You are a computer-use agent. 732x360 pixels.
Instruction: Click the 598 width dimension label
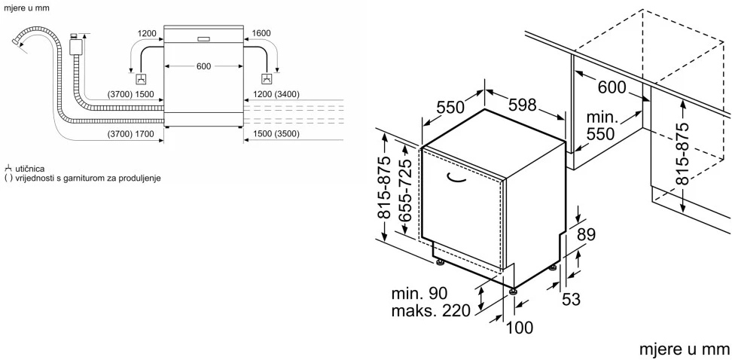coord(523,105)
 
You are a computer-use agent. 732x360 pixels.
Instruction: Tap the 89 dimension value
coord(587,234)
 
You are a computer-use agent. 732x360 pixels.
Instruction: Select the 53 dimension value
coord(571,299)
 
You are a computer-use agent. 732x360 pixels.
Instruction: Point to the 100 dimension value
coord(519,328)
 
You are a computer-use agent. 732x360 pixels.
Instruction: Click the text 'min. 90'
coord(419,293)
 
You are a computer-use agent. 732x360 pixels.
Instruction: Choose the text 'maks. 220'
coord(431,310)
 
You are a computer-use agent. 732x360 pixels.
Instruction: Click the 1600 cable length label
coord(261,33)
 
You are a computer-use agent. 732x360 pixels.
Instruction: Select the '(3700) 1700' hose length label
coord(130,135)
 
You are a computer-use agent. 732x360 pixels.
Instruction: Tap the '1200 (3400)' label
coord(276,95)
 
